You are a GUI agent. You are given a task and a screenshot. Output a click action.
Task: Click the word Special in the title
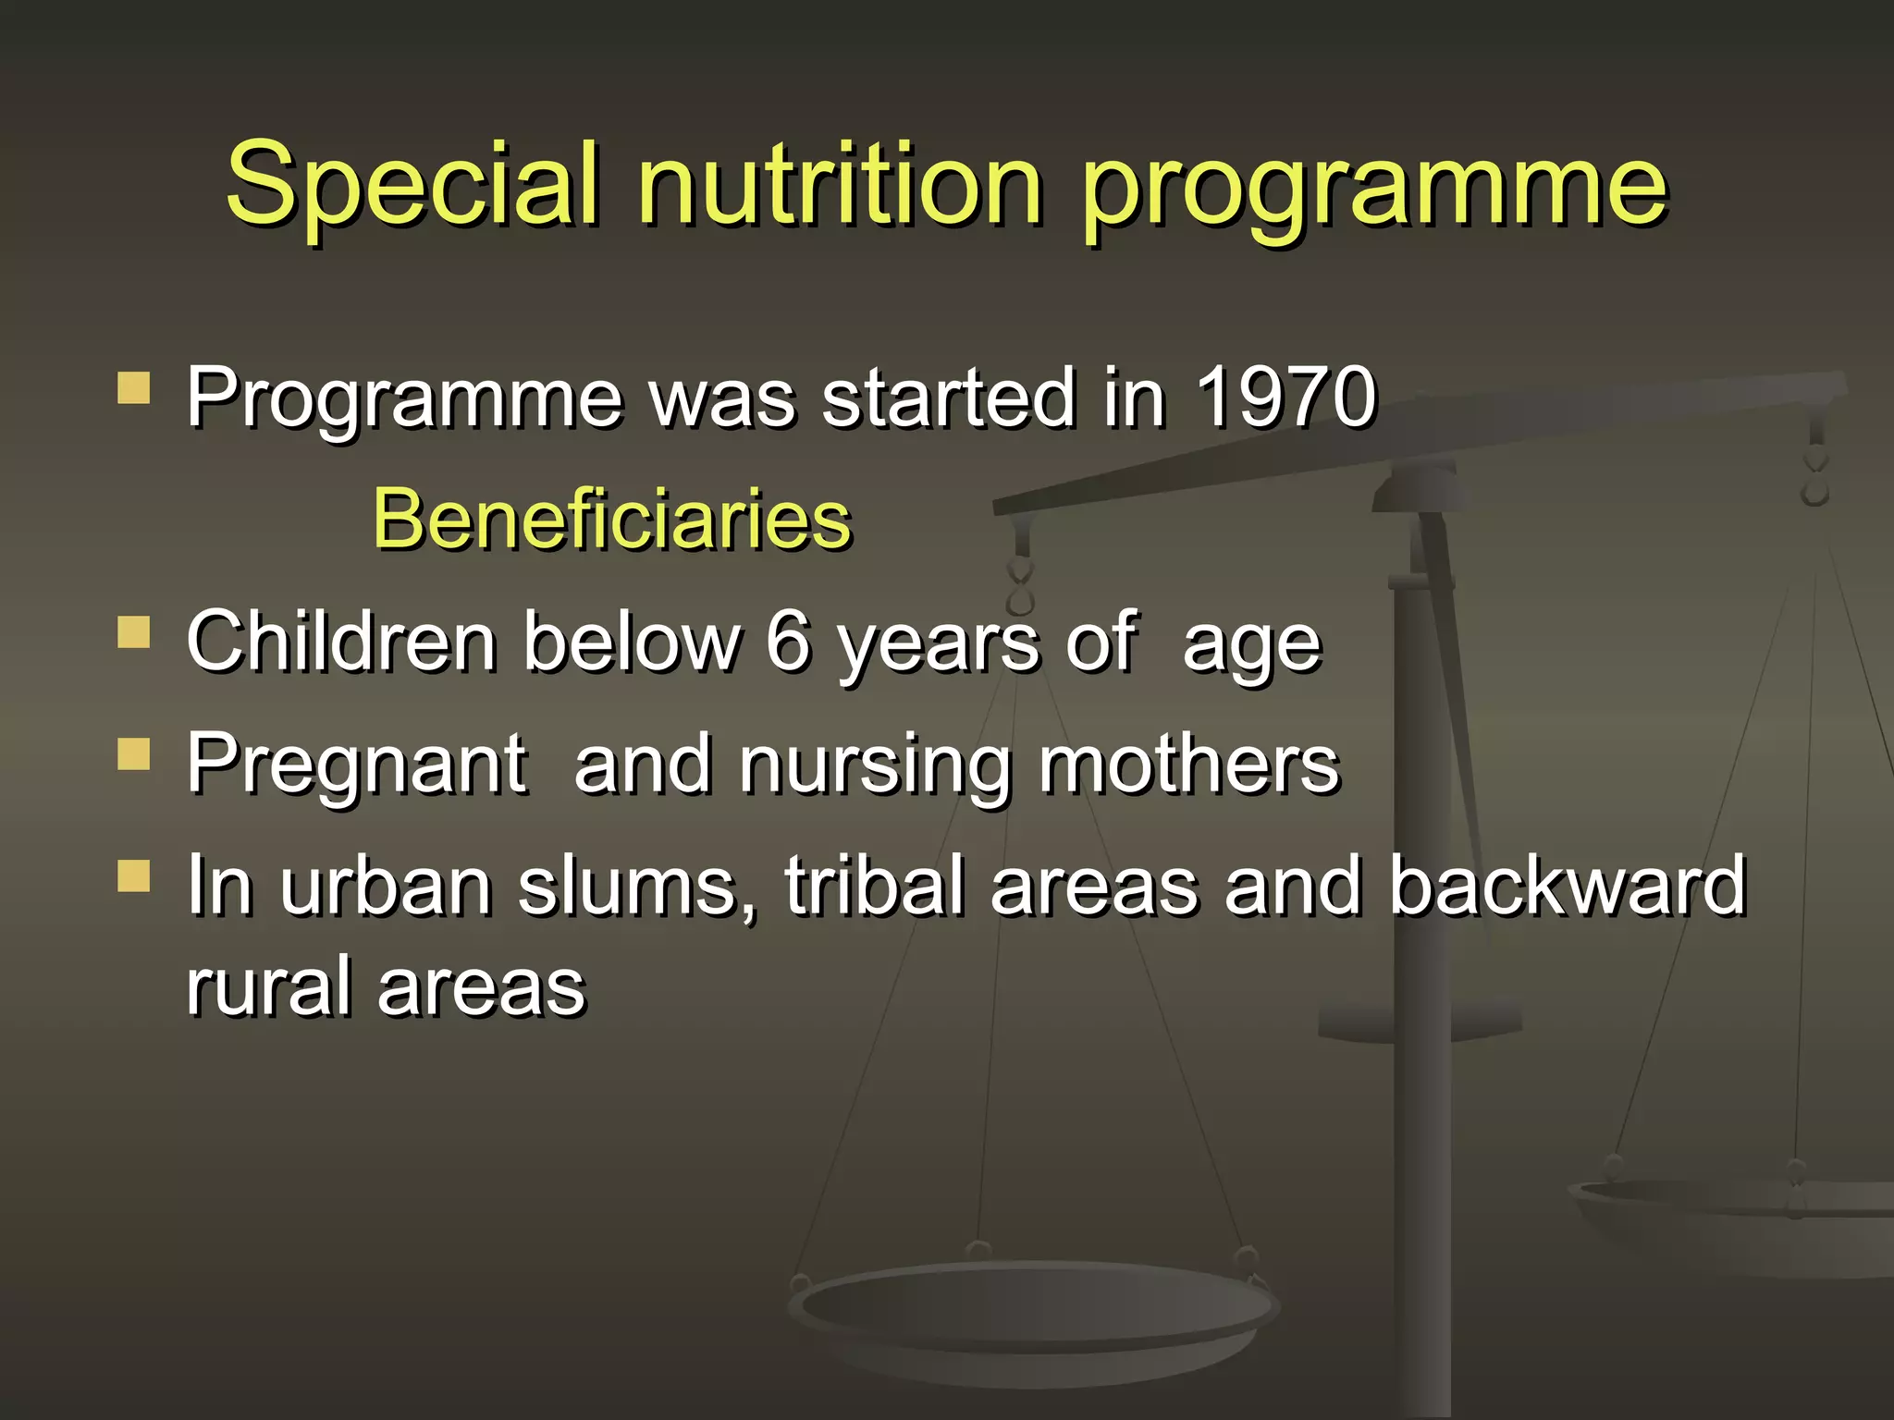[412, 185]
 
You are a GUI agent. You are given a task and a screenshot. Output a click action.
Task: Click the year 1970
[1285, 398]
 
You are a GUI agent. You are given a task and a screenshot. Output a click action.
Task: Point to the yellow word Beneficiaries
[611, 520]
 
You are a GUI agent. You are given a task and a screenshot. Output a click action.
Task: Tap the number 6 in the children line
[788, 642]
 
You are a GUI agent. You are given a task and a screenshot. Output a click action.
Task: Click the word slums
[636, 887]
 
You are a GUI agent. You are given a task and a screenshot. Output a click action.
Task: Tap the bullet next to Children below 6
[134, 633]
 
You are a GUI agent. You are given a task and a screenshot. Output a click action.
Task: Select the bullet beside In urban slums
[134, 875]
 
